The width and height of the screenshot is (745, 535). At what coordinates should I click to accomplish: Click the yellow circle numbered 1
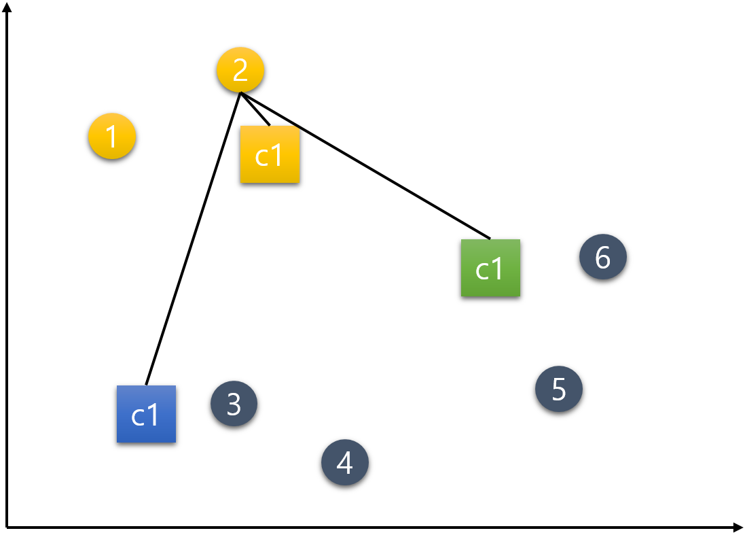tap(112, 137)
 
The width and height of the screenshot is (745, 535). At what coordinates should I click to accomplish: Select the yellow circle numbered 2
tap(240, 70)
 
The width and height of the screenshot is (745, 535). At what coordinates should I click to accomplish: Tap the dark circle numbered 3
tap(234, 404)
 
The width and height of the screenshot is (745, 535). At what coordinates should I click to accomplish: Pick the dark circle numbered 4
tap(345, 462)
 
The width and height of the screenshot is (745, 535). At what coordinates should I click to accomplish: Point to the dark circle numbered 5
tap(559, 389)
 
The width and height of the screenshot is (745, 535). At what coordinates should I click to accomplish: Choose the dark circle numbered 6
tap(603, 257)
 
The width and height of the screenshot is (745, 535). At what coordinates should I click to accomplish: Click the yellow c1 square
tap(270, 154)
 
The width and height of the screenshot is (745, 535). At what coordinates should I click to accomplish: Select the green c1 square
tap(490, 268)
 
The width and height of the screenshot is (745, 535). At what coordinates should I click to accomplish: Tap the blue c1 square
tap(146, 414)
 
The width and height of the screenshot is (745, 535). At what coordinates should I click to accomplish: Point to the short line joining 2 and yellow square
tap(255, 109)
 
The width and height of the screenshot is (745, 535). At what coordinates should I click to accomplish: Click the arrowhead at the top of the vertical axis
tap(7, 7)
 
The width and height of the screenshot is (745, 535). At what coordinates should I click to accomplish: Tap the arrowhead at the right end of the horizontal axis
tap(739, 527)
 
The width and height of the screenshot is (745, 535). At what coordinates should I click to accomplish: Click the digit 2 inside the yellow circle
tap(240, 70)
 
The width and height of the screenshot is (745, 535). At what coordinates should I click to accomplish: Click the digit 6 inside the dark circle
tap(603, 257)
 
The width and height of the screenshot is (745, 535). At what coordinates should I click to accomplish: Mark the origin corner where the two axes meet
tap(7, 527)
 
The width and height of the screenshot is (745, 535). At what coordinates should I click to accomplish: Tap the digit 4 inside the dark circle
tap(345, 463)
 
